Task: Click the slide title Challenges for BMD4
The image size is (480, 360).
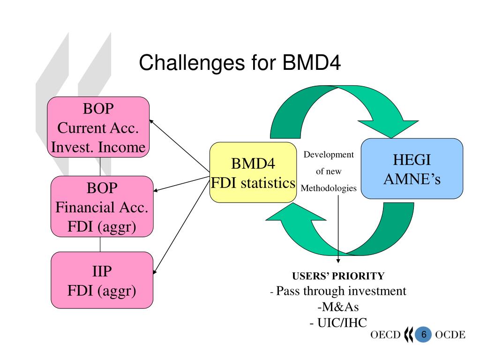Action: coord(240,63)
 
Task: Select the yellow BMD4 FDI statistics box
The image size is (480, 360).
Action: coord(253,172)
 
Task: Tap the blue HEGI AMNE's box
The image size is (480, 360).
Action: coord(412,169)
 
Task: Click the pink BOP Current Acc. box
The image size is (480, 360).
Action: coord(98,127)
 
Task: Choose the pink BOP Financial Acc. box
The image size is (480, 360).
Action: coord(102,207)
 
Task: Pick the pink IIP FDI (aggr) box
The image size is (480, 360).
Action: coord(102,280)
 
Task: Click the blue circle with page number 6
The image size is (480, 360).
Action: coord(423,334)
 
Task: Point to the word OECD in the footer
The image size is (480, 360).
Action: coord(385,335)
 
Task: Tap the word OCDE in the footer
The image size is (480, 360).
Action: coord(450,335)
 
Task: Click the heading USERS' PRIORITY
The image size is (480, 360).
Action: coord(338,276)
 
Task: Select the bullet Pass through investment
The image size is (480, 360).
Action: coord(338,291)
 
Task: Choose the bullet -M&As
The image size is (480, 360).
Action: coord(338,307)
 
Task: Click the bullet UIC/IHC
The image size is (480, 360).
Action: coord(338,322)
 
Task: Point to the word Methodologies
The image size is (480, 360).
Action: coord(329,188)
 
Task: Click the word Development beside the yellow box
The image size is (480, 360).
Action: coord(329,155)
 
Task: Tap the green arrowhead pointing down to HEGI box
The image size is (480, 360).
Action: coord(389,128)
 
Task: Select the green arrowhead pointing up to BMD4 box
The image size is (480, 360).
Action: coord(295,212)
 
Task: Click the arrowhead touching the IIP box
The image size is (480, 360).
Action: coord(155,271)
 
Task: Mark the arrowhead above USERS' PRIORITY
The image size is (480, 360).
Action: coord(338,261)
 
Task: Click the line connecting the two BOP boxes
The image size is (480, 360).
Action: coord(100,167)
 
